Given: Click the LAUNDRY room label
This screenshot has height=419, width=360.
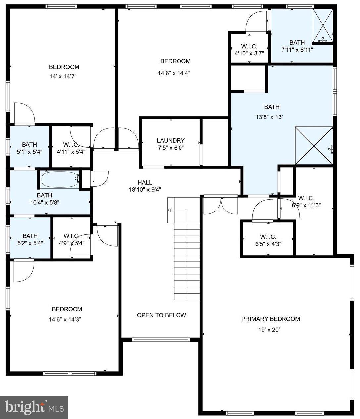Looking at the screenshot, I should click(x=171, y=140).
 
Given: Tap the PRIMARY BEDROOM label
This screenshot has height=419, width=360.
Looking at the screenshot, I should click(x=271, y=319).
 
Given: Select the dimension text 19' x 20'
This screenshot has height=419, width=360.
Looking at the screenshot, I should click(x=269, y=330).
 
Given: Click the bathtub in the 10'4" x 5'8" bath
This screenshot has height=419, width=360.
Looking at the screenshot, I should click(x=59, y=180).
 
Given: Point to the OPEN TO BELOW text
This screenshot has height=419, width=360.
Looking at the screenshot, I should click(x=162, y=315).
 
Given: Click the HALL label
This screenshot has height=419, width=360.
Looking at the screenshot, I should click(x=145, y=182).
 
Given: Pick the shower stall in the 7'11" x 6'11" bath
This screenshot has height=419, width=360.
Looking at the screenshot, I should click(x=323, y=25).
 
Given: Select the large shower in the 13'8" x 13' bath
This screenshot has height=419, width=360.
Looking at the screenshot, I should click(x=313, y=146).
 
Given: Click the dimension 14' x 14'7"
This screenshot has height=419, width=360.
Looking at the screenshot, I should click(x=63, y=76).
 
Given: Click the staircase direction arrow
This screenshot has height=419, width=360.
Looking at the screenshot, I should click(x=170, y=210).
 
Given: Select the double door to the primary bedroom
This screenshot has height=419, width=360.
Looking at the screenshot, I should click(x=221, y=205).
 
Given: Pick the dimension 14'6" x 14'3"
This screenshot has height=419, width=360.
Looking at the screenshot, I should click(x=65, y=319).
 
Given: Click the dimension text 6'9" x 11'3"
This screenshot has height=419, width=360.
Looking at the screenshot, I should click(x=306, y=205).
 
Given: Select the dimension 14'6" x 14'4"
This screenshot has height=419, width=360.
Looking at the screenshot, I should click(x=174, y=73).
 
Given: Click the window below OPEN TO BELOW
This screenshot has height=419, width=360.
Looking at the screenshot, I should click(x=161, y=339).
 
